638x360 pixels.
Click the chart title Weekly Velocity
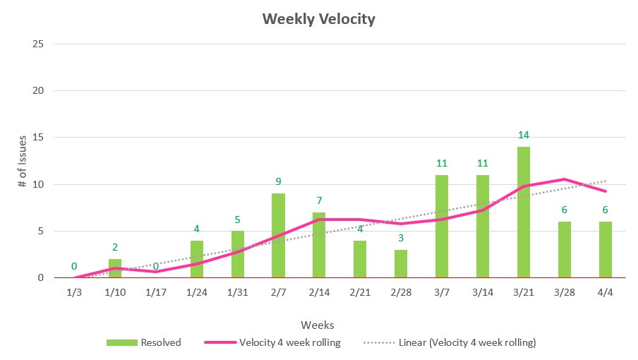point(319,19)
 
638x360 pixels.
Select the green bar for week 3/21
point(524,212)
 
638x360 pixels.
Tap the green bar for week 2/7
point(278,236)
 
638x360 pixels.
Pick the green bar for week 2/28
point(401,263)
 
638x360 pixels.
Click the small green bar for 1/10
point(114,268)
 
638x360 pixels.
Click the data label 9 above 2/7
point(278,181)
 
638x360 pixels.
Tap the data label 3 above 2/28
point(401,238)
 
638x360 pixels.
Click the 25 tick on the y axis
point(39,44)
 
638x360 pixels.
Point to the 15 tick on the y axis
point(39,138)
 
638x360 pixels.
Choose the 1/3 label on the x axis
point(73,292)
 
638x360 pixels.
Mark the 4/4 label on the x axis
point(606,292)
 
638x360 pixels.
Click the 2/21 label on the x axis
point(360,292)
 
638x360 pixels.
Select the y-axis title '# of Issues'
point(23,161)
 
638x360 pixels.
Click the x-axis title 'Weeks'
point(318,325)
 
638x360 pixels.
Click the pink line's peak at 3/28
point(565,179)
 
